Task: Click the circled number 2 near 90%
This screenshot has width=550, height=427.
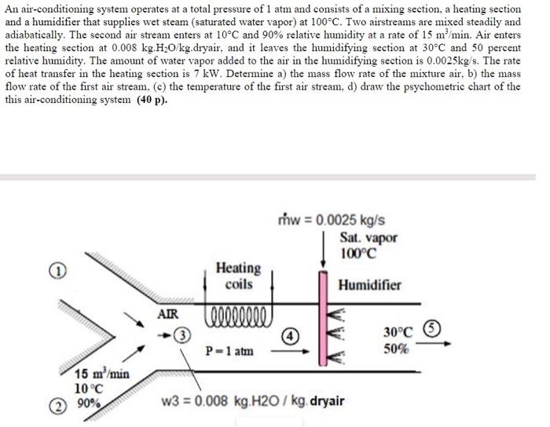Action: pos(57,405)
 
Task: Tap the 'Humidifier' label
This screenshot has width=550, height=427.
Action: pos(369,285)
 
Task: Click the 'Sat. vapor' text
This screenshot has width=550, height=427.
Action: pos(368,237)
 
